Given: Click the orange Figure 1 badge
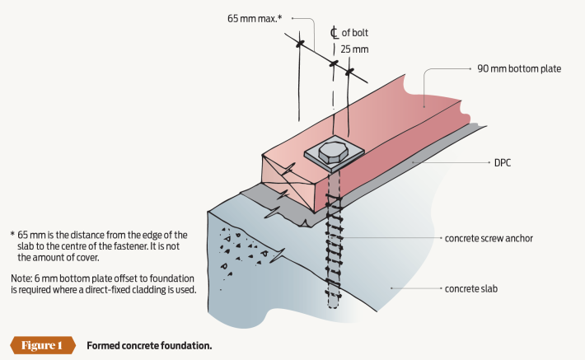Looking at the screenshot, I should click(x=40, y=345).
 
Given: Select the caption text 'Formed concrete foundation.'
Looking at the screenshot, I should click(x=149, y=345).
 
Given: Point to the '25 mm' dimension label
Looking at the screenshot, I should click(x=355, y=50).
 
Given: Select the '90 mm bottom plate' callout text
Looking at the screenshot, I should click(x=520, y=68).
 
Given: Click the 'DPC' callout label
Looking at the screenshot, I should click(x=503, y=163).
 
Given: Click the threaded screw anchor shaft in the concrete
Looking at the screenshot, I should click(x=335, y=247).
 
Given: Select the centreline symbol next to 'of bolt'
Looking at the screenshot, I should click(x=334, y=33).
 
